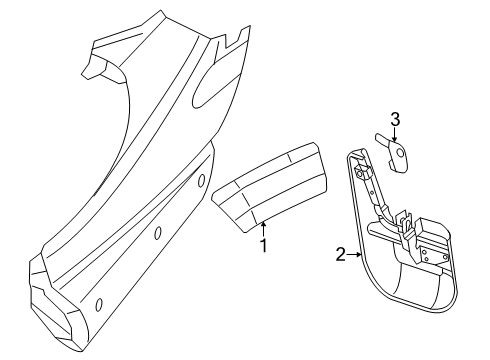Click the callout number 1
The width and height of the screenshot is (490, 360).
point(264,244)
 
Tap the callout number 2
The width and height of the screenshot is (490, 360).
point(340,255)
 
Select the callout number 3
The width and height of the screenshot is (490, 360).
point(395,120)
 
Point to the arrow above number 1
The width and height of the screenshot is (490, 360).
point(264,226)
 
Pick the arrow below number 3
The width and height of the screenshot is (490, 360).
point(395,137)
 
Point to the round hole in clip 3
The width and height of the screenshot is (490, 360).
point(402,152)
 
